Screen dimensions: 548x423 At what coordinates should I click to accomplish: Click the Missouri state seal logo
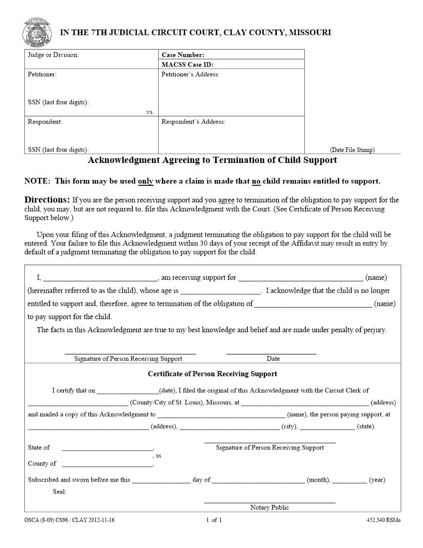tap(37, 32)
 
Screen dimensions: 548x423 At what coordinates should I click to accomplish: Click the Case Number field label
tap(183, 54)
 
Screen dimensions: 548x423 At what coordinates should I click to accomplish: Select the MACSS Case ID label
tap(188, 65)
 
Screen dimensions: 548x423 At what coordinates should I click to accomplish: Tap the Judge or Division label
tap(53, 54)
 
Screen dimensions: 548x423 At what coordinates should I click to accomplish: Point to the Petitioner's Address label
tap(190, 74)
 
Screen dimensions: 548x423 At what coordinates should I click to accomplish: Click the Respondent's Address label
tap(193, 121)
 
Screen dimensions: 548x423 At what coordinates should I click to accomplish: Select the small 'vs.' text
tap(150, 112)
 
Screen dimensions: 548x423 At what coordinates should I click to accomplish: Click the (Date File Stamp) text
tap(352, 150)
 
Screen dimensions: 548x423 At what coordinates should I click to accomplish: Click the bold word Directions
tap(47, 200)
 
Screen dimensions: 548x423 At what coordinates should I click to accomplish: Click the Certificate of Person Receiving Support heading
tap(212, 374)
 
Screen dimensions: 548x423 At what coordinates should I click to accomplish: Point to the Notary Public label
tap(270, 507)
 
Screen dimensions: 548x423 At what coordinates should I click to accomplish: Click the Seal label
tap(59, 491)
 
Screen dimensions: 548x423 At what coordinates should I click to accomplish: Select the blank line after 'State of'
tap(107, 448)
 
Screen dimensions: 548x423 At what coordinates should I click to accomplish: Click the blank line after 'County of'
tap(107, 464)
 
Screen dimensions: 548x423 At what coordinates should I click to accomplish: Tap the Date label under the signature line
tap(273, 359)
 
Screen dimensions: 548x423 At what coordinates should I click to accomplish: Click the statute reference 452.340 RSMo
tap(383, 519)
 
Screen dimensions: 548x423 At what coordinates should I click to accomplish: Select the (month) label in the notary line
tap(318, 480)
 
